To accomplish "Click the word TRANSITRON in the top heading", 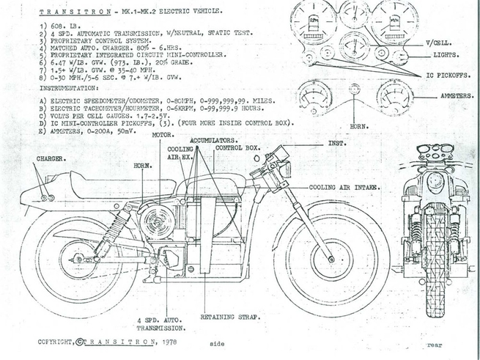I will (64, 13).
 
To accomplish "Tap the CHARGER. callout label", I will (49, 158).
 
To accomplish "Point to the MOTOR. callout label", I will (163, 135).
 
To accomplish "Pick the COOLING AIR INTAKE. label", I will (344, 187).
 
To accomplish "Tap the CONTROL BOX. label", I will (237, 147).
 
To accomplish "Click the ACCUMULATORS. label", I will (213, 139).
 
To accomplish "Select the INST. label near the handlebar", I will (338, 143).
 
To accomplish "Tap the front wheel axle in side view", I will (331, 259).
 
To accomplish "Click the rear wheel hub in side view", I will (78, 259).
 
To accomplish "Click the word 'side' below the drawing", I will (217, 342).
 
